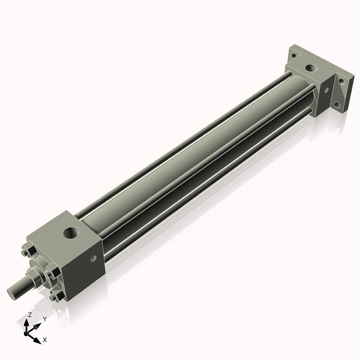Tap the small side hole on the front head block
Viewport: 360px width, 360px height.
click(93, 259)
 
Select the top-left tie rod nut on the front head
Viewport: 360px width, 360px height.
click(26, 252)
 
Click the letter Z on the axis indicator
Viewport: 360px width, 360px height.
click(30, 314)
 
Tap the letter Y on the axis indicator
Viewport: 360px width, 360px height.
click(44, 319)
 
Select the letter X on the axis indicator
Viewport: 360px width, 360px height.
click(44, 340)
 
